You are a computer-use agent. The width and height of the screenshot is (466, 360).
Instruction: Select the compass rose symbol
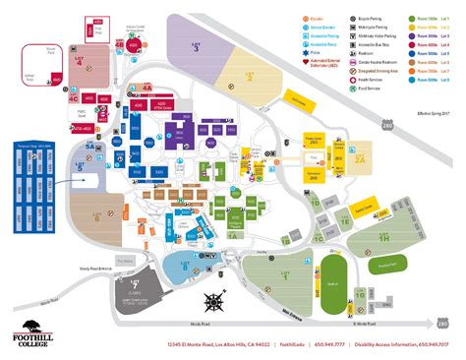[215, 301]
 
